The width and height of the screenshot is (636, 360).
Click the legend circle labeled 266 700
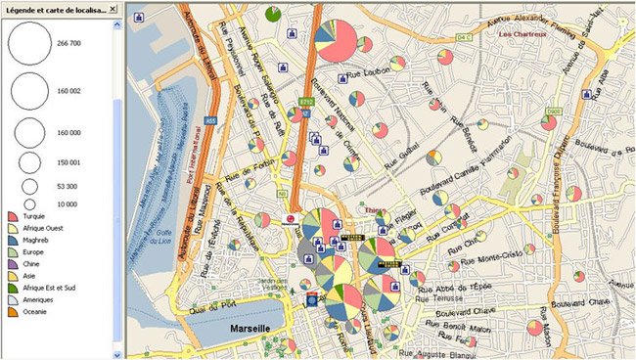[29, 44]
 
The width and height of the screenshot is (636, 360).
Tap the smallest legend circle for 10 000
[29, 202]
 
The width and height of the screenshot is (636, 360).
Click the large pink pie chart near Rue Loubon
[336, 41]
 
